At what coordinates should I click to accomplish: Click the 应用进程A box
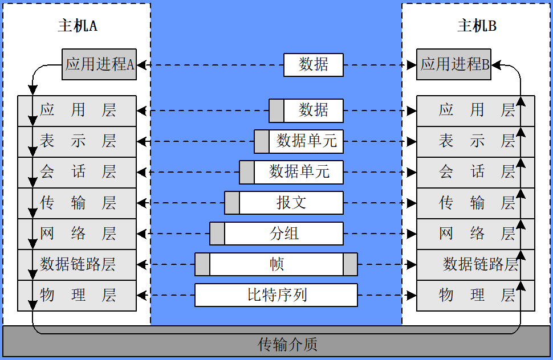tap(99, 64)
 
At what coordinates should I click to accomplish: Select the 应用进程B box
tap(454, 64)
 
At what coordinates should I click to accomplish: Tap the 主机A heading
tap(78, 26)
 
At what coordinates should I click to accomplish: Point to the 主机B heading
tap(477, 26)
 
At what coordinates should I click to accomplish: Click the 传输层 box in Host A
tap(77, 203)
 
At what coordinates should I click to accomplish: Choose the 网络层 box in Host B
tap(476, 234)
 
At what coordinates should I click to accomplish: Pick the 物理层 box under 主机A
tap(77, 295)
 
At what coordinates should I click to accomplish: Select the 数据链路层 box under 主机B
tap(476, 264)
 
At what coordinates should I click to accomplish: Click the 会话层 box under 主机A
tap(77, 172)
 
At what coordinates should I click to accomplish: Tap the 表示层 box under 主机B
tap(476, 141)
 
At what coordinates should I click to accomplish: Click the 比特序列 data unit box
tap(276, 295)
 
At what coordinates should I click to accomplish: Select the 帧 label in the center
tap(276, 264)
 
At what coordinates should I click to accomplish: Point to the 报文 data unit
tap(291, 203)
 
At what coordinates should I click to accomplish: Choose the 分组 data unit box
tap(284, 234)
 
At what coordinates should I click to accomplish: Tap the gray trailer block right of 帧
tap(350, 264)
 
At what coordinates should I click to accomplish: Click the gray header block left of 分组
tap(217, 234)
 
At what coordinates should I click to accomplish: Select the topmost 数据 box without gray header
tap(314, 64)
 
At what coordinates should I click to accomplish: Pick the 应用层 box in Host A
tap(77, 111)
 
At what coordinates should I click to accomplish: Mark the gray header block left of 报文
tap(232, 203)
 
